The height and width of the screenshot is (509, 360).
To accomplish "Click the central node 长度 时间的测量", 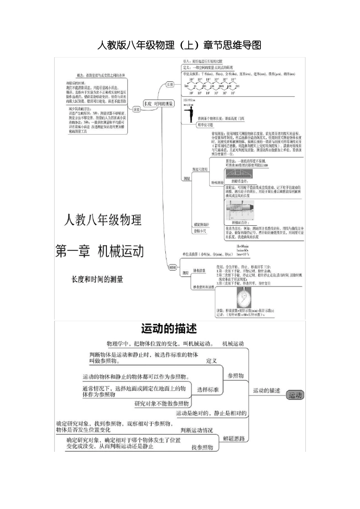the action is pos(158,104).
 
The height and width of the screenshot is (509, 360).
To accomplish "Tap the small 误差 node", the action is pos(136,109).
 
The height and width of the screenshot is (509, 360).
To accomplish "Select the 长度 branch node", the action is pos(170,85).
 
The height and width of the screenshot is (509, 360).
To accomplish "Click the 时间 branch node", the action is pos(173,267).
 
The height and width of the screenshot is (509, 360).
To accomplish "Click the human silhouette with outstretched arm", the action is pos(190,112).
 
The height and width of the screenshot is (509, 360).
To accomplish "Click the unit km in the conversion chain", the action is pos(186,86).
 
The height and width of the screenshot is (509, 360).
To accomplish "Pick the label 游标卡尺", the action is pos(200,231).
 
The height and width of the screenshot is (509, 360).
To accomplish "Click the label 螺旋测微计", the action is pos(201,225).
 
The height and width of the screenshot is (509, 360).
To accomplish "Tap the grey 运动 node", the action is pos(295,395).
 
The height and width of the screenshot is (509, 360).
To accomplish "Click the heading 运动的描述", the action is pos(169,328).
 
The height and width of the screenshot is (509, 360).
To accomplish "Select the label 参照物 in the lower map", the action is pos(235,375).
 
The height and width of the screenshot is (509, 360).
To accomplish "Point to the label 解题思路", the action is pos(234,438).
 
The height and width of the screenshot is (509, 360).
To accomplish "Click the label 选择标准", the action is pos(208,389).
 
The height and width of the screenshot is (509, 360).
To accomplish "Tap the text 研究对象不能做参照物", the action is pos(162,404).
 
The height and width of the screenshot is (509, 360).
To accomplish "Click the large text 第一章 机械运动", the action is pos(100,251).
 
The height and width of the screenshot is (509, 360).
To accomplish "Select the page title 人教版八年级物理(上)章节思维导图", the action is pos(179,45).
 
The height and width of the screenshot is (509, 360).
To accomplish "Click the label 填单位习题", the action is pos(205,125).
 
